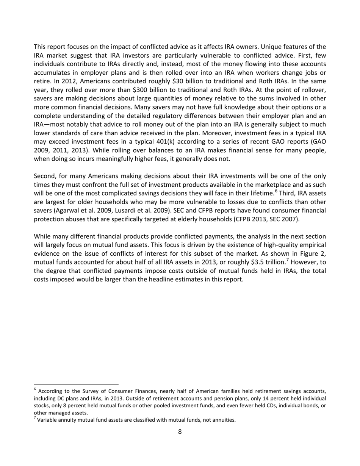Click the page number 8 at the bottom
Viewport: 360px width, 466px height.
pyautogui.click(x=180, y=431)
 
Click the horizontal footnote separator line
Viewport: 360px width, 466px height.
pyautogui.click(x=76, y=384)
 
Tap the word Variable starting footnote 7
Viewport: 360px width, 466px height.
pyautogui.click(x=47, y=420)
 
